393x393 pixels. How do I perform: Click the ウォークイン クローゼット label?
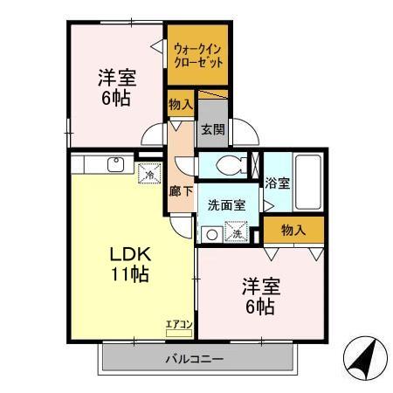tap(197, 56)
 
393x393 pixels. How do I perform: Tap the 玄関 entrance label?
tap(211, 128)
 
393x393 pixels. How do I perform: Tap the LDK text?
tap(130, 255)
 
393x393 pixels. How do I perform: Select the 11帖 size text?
tap(130, 275)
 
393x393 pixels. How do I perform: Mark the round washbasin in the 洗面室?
tap(210, 233)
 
